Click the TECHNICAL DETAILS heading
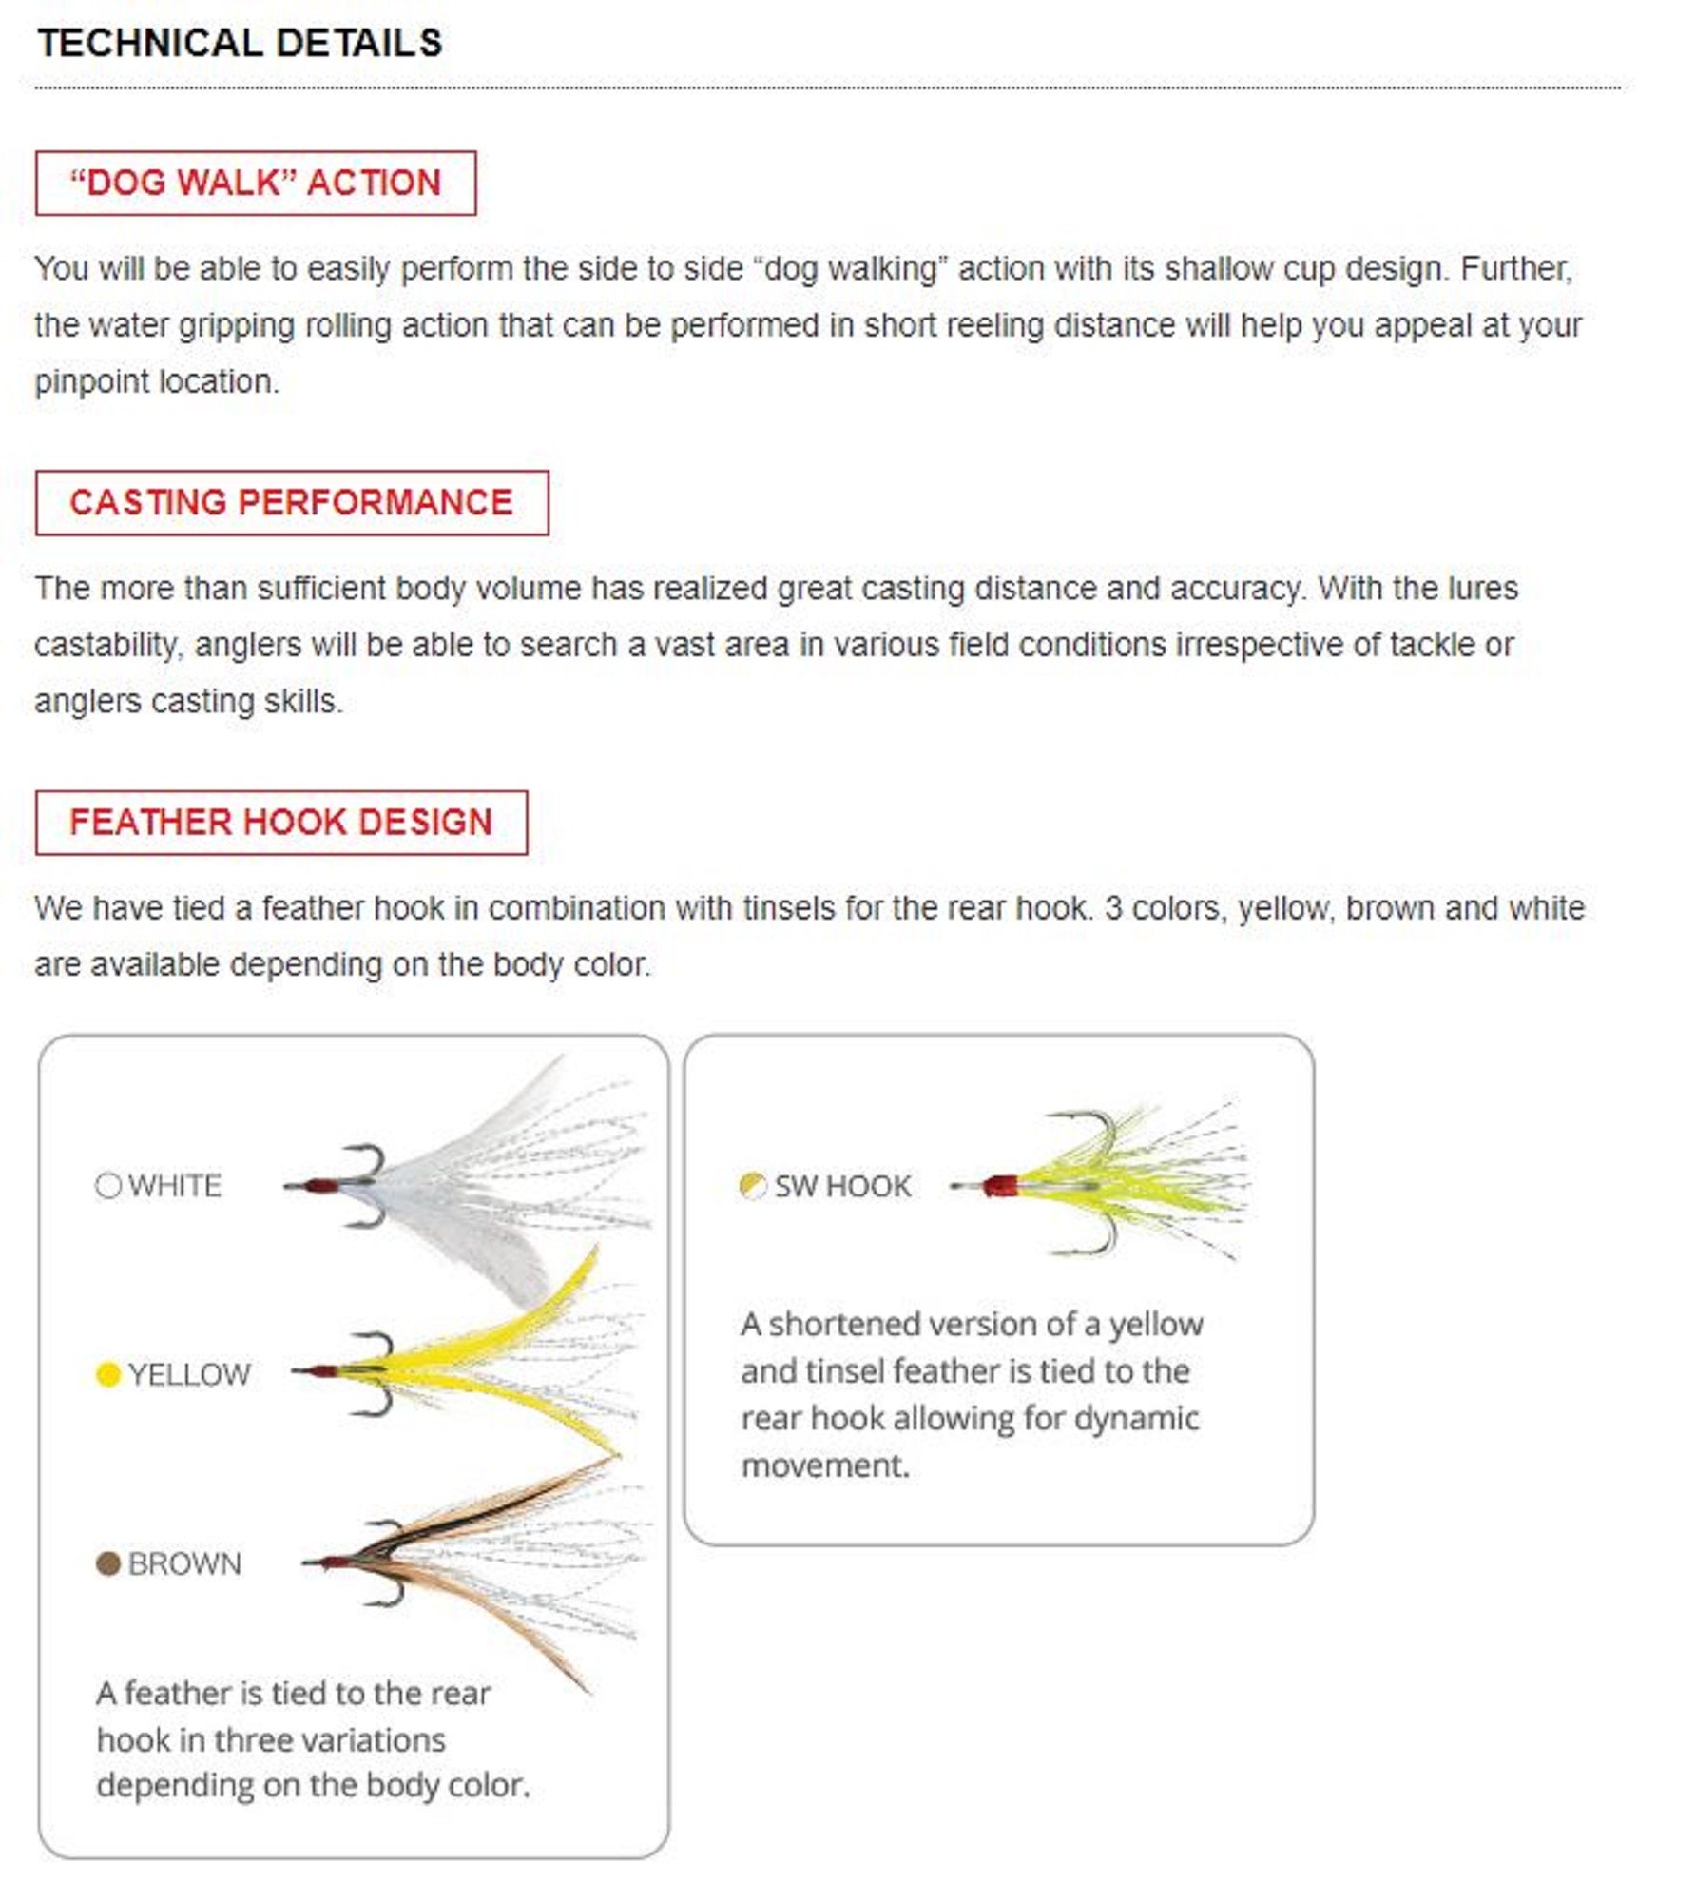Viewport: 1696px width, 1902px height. pyautogui.click(x=240, y=44)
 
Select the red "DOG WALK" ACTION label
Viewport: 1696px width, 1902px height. pyautogui.click(x=256, y=183)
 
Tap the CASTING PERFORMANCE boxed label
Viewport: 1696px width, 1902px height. pyautogui.click(x=291, y=502)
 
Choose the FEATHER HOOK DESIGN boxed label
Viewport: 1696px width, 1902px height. pyautogui.click(x=280, y=822)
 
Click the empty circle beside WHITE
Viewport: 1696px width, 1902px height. pyautogui.click(x=108, y=1185)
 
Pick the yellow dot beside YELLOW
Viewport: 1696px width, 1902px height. pyautogui.click(x=108, y=1374)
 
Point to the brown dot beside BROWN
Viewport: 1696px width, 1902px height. pyautogui.click(x=108, y=1563)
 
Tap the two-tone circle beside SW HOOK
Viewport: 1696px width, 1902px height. pyautogui.click(x=752, y=1185)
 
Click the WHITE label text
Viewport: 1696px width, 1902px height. pyautogui.click(x=175, y=1186)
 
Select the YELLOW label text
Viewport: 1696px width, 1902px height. pyautogui.click(x=189, y=1375)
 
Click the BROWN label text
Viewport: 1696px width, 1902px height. pyautogui.click(x=184, y=1564)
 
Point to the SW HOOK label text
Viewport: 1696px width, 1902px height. pyautogui.click(x=842, y=1186)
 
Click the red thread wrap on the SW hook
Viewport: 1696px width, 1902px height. pyautogui.click(x=999, y=1186)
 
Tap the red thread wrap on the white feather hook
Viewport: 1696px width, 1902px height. pyautogui.click(x=322, y=1186)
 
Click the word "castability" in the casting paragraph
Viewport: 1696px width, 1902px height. pyautogui.click(x=106, y=645)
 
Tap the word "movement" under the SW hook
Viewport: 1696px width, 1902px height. pyautogui.click(x=823, y=1465)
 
